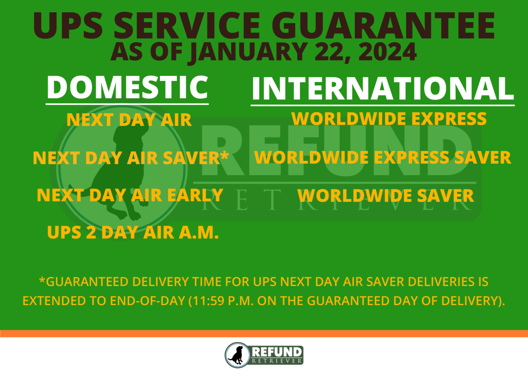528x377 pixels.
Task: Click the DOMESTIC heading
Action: point(127,87)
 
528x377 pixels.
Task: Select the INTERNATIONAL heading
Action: point(383,89)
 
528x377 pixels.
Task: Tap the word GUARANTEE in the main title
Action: point(383,25)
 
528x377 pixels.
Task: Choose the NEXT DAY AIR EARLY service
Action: point(130,195)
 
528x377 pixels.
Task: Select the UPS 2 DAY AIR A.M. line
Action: point(133,233)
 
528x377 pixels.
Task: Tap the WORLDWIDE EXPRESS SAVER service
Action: point(382,158)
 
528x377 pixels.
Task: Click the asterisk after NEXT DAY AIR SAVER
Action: point(224,155)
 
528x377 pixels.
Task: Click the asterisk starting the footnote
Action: point(42,281)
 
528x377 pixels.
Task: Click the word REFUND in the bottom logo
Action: point(277,352)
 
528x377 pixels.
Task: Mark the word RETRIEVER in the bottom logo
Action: point(277,361)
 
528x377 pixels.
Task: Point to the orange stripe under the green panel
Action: point(264,333)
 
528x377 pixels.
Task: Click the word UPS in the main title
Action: point(68,25)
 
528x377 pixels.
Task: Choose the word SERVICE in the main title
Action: point(187,25)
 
